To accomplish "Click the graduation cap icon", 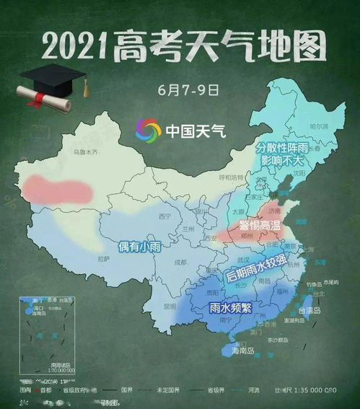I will click(54, 75).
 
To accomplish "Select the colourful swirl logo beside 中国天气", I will click(148, 131).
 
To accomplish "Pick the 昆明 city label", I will click(170, 306).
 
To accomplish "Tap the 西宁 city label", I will click(164, 216).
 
